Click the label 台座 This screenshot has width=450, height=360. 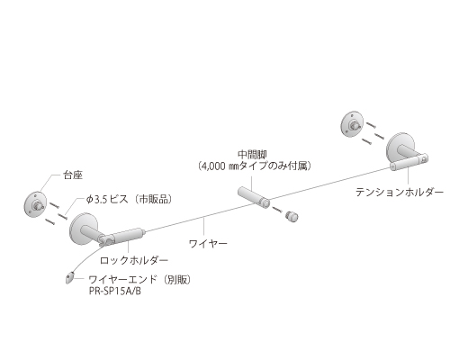tap(73, 175)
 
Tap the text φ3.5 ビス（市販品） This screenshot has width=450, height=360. tap(129, 200)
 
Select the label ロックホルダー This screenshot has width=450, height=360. tap(134, 260)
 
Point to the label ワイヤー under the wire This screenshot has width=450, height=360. tap(208, 243)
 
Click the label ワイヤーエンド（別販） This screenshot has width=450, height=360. tap(139, 280)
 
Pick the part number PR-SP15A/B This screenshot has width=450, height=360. tap(115, 292)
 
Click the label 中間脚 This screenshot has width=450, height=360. tap(252, 155)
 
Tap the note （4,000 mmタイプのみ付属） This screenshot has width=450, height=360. tap(255, 166)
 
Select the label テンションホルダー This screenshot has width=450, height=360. tap(400, 192)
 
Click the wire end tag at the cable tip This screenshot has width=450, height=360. tap(69, 278)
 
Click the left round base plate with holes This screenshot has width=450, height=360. tap(35, 204)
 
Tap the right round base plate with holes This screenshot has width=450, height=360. tap(352, 124)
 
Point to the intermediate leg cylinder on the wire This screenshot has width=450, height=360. tap(254, 196)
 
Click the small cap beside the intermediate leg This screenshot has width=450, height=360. tap(292, 216)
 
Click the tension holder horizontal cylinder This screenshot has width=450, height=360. tap(409, 161)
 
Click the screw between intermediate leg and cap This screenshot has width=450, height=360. tap(278, 209)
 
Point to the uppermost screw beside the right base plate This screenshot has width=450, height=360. tap(372, 124)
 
